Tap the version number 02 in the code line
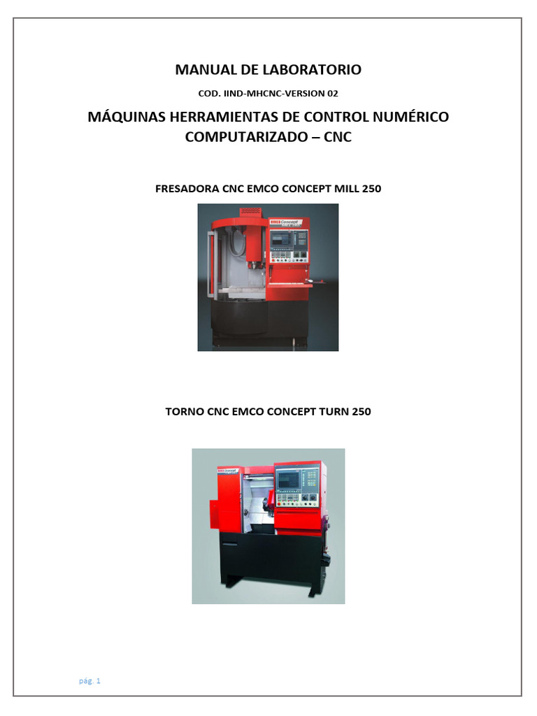tap(332, 94)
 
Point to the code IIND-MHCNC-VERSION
tap(274, 94)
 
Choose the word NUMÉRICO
tap(410, 117)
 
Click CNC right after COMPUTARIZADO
tap(338, 137)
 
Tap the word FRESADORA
tap(187, 189)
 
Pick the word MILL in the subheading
tap(347, 189)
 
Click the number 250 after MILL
tap(372, 189)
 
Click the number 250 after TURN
tap(361, 411)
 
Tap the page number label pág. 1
tap(89, 681)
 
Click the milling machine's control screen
tap(281, 239)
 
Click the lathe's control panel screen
tap(288, 480)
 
